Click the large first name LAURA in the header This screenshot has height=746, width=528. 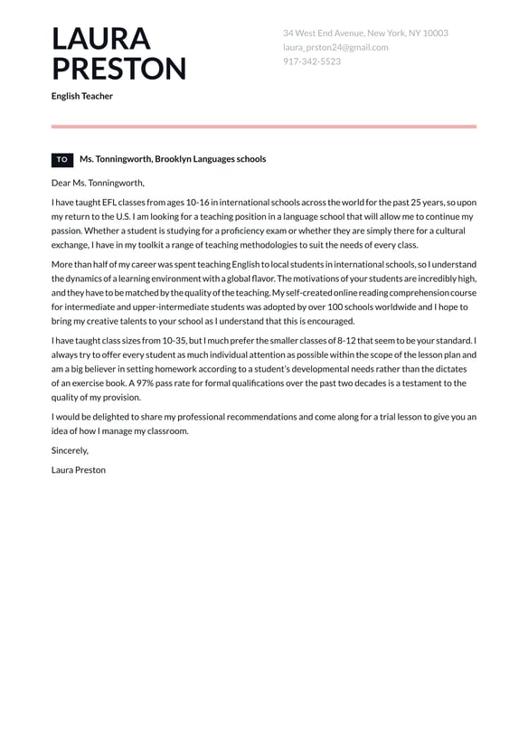pos(101,39)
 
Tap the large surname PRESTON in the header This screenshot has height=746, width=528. pos(118,70)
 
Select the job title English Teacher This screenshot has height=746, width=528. pos(82,96)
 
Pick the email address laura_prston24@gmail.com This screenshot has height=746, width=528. pos(335,47)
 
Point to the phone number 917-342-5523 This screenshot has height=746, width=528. pos(312,61)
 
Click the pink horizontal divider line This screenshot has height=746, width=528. pos(264,127)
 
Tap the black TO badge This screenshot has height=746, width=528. pos(62,159)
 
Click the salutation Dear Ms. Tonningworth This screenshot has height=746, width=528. pos(98,183)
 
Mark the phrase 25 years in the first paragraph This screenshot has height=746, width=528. pos(427,203)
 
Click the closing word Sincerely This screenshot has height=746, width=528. pos(70,450)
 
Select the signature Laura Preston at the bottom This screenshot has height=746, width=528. pos(79,470)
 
